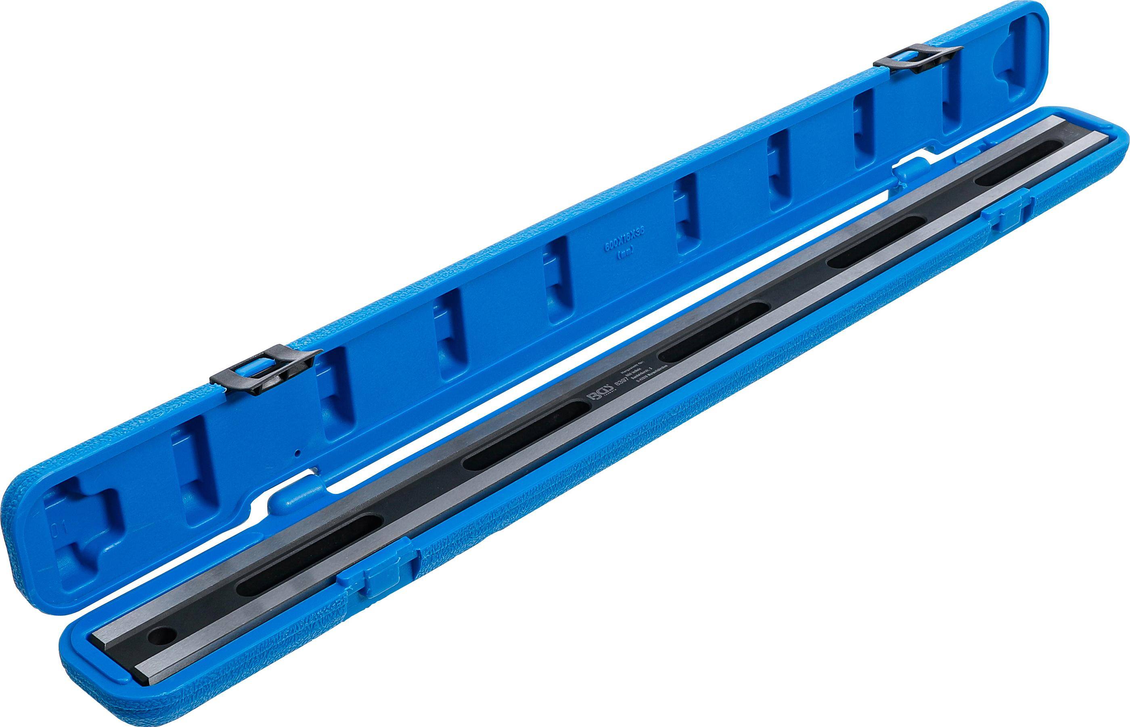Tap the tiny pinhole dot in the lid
(296, 453)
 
